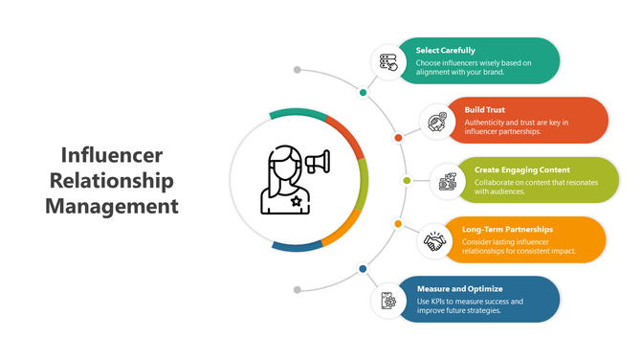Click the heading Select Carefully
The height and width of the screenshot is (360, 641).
(x=446, y=50)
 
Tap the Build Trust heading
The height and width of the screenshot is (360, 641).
(x=485, y=110)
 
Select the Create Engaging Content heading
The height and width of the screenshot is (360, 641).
(x=521, y=169)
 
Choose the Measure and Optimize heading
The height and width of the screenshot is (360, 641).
(x=459, y=288)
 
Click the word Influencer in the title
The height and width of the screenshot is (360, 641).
(x=111, y=155)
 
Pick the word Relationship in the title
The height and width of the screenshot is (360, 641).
(x=111, y=180)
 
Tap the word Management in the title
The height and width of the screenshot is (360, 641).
(x=111, y=205)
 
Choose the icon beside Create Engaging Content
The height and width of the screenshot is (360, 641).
(x=447, y=181)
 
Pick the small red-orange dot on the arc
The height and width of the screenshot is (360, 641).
(x=398, y=138)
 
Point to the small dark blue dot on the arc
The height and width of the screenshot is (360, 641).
(x=363, y=268)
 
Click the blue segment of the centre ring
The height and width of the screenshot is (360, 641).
(x=297, y=247)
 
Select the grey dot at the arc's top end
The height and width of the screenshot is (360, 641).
(x=298, y=70)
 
